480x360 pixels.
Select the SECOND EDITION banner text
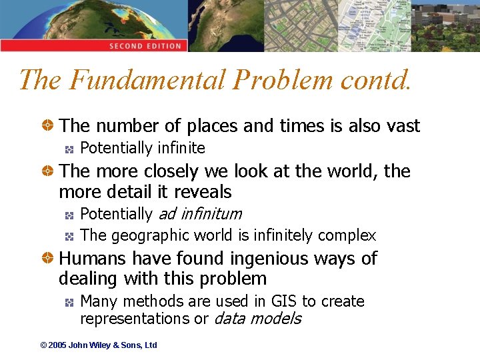[x=145, y=46]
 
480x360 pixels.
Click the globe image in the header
[x=67, y=20]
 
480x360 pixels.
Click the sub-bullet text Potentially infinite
[x=142, y=148]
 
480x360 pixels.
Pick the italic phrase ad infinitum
[x=199, y=214]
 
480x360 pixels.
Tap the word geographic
[x=142, y=235]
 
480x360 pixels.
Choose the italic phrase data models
[x=257, y=319]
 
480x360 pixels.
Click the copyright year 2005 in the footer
[x=57, y=345]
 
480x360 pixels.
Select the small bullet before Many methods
[x=69, y=302]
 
